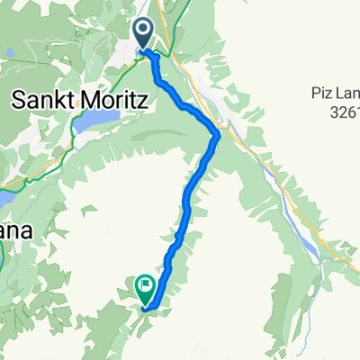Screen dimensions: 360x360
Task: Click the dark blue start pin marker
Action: tap(143, 34)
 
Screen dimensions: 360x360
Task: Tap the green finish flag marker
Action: tap(145, 288)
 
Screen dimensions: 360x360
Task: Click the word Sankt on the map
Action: tap(41, 102)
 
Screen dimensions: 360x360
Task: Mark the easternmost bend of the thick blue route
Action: tap(218, 135)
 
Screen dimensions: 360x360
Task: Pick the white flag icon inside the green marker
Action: tap(145, 286)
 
